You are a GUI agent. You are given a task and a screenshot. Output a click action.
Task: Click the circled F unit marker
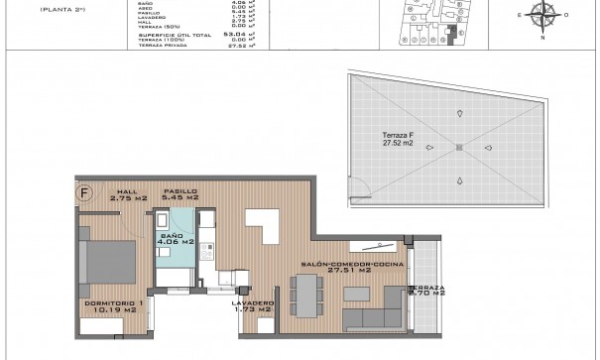click(x=84, y=193)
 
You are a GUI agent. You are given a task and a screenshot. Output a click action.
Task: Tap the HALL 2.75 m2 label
click(x=128, y=195)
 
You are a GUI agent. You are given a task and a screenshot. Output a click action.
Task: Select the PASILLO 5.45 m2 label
click(x=180, y=194)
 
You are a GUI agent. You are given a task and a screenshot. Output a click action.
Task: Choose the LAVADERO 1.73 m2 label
click(x=252, y=306)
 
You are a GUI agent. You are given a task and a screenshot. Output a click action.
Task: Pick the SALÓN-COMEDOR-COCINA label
click(x=335, y=267)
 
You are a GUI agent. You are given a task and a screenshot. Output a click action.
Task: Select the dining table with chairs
click(x=307, y=294)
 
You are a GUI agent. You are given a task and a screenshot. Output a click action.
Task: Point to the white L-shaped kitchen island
click(x=264, y=224)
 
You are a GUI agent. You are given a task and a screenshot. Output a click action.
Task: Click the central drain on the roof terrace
click(x=458, y=149)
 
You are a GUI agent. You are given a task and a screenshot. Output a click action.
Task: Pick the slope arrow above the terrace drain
click(x=459, y=114)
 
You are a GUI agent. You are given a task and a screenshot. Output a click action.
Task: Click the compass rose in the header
click(x=542, y=16)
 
